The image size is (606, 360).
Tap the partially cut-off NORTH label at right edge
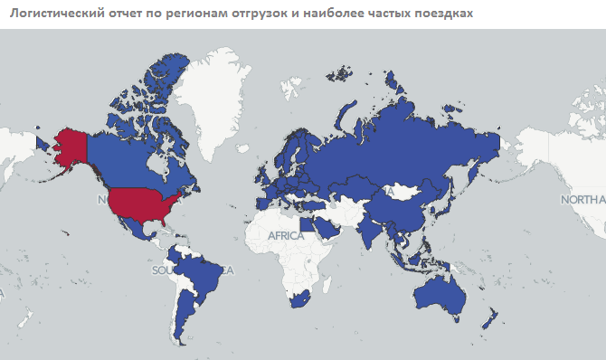coord(582,200)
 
